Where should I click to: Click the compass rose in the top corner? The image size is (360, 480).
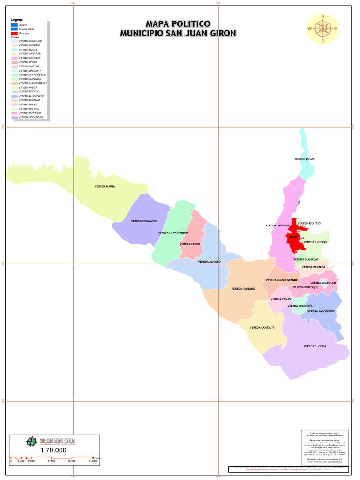tap(322, 29)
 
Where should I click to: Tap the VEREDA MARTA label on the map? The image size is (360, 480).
tap(105, 186)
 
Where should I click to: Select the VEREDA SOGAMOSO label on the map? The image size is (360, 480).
tap(144, 221)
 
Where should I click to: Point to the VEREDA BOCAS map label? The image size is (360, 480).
tap(304, 159)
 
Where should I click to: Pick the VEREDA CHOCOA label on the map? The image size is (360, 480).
tap(315, 346)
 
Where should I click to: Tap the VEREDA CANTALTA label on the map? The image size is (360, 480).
tap(262, 327)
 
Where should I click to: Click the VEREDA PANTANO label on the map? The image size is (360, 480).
tap(243, 289)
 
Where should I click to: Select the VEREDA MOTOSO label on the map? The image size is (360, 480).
tap(209, 262)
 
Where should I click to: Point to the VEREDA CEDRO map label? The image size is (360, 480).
tap(190, 244)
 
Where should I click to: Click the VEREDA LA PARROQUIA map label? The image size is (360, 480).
tap(173, 232)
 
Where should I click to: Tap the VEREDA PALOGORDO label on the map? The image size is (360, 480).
tap(321, 311)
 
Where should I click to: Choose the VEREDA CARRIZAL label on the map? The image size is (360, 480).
tap(277, 225)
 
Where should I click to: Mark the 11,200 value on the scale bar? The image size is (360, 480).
tap(92, 461)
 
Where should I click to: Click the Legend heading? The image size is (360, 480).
tap(17, 20)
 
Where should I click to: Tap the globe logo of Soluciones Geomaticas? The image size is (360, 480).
tap(31, 442)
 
